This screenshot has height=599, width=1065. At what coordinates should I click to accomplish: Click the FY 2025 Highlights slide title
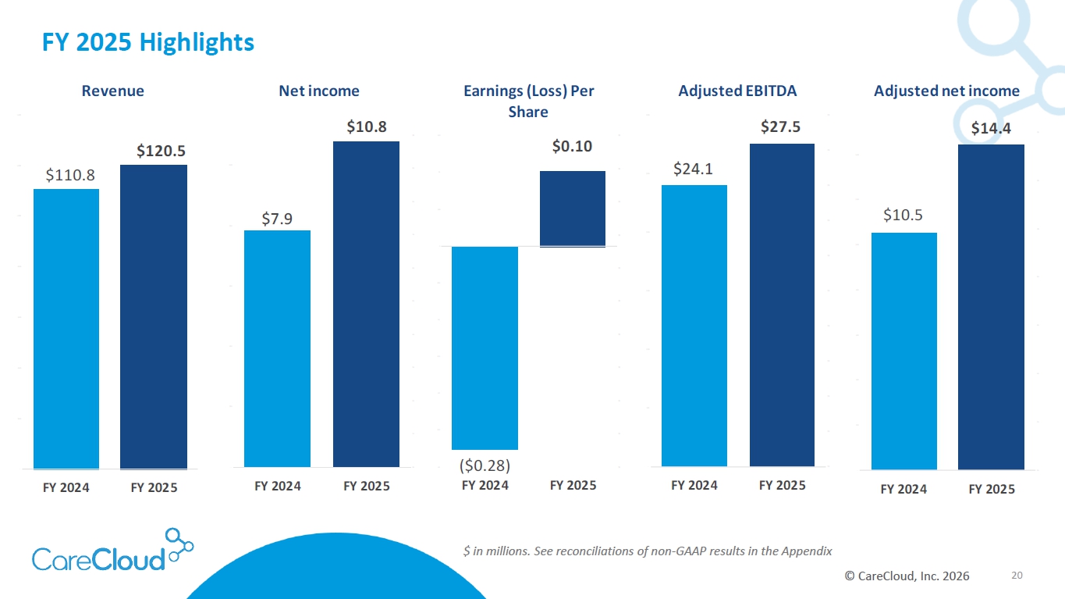147,42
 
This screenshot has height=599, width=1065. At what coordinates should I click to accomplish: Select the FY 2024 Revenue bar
66,328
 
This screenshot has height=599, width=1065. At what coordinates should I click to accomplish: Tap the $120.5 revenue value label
162,151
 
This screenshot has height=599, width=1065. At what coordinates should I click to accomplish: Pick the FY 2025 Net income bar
366,304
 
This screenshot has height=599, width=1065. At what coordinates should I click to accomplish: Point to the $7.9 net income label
277,219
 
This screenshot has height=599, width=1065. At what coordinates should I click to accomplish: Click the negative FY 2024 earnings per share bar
485,348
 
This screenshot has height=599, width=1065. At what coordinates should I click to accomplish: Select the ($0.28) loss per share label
484,466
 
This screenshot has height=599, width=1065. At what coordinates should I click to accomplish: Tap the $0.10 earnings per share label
573,146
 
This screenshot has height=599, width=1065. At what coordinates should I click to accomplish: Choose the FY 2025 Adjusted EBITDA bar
782,305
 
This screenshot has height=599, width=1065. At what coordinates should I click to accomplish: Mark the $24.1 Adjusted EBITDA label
693,169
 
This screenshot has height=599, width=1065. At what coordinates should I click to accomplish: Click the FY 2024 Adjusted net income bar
903,351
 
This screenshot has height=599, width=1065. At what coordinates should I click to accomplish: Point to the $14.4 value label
991,128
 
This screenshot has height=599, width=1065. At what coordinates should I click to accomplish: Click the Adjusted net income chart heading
946,91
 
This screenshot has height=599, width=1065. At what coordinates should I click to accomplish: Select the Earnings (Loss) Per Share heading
528,101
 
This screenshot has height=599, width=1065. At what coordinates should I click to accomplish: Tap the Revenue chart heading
113,91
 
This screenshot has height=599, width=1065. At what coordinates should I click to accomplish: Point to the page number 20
1017,576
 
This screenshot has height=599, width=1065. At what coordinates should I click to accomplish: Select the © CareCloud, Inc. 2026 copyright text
907,576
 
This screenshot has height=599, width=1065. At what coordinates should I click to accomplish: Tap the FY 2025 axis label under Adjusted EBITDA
782,485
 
